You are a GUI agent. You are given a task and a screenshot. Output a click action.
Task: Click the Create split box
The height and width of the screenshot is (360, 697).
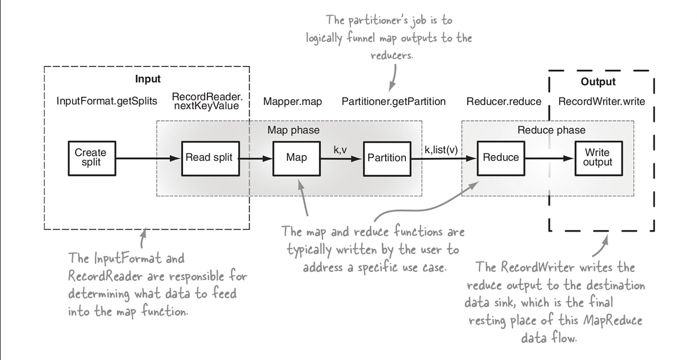point(91,157)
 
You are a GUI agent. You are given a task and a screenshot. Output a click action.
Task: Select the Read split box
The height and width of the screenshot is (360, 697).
point(209,157)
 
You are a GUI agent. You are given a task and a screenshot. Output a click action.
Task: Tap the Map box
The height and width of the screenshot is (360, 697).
point(296,157)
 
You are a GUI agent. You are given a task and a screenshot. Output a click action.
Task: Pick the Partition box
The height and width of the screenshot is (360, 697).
point(387,157)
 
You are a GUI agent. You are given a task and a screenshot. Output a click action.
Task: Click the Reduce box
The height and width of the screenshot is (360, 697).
point(501,157)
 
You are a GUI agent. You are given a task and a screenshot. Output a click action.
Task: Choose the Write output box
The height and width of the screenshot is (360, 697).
point(598,157)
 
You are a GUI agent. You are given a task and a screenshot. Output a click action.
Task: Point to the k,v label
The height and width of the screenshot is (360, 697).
point(340,150)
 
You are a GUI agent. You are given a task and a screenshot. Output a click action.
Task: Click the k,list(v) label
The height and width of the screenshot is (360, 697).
point(441,150)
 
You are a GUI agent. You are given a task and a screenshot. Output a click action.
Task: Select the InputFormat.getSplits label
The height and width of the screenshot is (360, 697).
point(107,102)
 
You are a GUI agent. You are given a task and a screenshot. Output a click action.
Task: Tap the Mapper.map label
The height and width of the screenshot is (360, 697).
point(292,102)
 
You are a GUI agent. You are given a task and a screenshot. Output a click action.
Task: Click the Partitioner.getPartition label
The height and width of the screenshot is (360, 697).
point(393,102)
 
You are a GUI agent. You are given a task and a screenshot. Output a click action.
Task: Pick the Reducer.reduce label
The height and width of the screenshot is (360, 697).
point(504,102)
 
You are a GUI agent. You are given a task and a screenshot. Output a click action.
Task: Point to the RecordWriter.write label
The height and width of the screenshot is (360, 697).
point(602,102)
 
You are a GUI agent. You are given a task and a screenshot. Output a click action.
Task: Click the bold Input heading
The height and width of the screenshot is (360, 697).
point(148,79)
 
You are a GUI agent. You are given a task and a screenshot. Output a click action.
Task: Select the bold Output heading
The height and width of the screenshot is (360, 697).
point(598,82)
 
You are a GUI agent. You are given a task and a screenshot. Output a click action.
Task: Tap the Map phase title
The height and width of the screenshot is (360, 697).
point(293,130)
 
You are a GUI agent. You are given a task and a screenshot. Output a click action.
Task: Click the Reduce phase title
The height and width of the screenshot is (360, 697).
point(551,130)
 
